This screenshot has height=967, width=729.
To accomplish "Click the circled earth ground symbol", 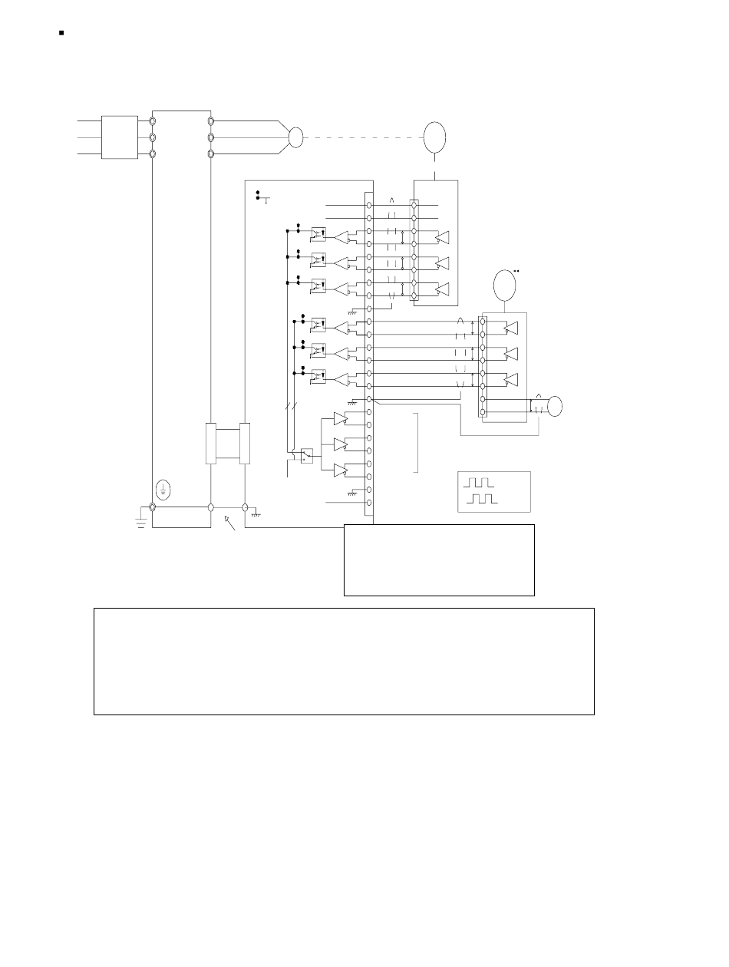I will [163, 487].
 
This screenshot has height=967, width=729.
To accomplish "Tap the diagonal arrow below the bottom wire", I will [229, 524].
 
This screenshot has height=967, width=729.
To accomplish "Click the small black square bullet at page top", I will [61, 34].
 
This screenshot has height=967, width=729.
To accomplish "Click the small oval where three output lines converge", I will [295, 138].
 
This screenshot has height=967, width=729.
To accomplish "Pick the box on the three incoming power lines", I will [120, 138].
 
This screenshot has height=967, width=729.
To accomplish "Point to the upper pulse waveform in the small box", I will [479, 483].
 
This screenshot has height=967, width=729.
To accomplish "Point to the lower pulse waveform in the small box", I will [483, 499].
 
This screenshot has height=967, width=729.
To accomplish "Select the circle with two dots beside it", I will [503, 284].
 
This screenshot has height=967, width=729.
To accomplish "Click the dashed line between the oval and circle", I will [361, 138].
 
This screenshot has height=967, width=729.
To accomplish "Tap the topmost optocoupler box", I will [318, 231].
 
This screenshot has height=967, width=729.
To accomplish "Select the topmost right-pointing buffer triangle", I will [341, 419].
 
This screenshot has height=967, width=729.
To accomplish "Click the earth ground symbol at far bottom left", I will [141, 521].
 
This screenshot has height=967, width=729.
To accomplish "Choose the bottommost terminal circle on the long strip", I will [369, 503].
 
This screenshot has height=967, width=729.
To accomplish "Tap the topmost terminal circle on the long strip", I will [369, 206].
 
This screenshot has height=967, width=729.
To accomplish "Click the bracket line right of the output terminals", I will [419, 443].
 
